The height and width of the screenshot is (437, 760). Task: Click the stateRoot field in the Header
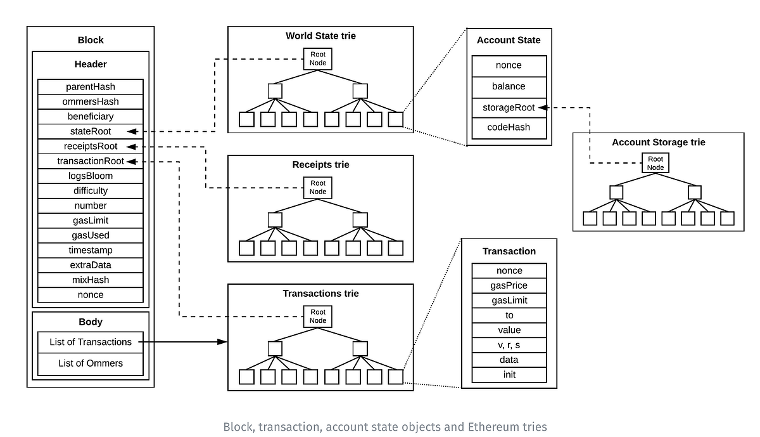(91, 131)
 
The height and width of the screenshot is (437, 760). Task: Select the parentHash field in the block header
(91, 86)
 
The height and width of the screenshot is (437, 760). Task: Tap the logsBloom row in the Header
(91, 176)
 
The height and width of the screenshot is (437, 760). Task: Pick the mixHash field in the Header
(91, 280)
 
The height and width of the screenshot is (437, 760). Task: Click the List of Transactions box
(91, 342)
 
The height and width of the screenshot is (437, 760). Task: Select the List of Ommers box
(91, 363)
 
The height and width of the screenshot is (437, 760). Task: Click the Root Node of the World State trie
(318, 59)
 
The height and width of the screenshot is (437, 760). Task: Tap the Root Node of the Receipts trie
(318, 187)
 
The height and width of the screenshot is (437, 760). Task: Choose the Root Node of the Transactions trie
(318, 316)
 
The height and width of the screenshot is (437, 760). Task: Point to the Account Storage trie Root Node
(655, 163)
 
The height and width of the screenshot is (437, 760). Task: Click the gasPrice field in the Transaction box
(509, 285)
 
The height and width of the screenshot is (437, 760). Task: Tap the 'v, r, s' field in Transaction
(509, 345)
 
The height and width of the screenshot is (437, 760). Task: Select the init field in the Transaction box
(509, 374)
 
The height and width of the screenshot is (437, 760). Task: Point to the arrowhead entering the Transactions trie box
(222, 342)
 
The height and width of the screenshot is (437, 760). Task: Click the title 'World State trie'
(320, 36)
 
